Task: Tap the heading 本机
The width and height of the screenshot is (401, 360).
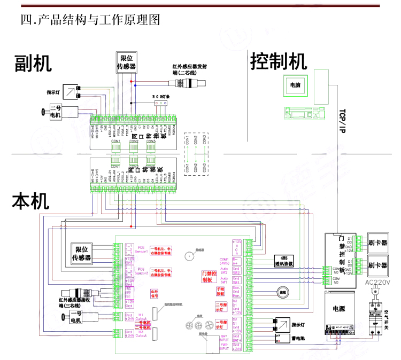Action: coord(31,202)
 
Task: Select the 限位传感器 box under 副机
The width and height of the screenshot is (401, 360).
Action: coord(126,62)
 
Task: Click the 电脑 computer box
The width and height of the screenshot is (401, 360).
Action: coord(295,85)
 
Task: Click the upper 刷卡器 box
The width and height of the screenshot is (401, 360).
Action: coord(377,241)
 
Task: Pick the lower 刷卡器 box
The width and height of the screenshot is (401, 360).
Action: coord(377,265)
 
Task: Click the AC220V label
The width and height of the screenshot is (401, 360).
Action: coord(377,283)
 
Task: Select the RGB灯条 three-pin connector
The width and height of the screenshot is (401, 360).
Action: coord(159,105)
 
